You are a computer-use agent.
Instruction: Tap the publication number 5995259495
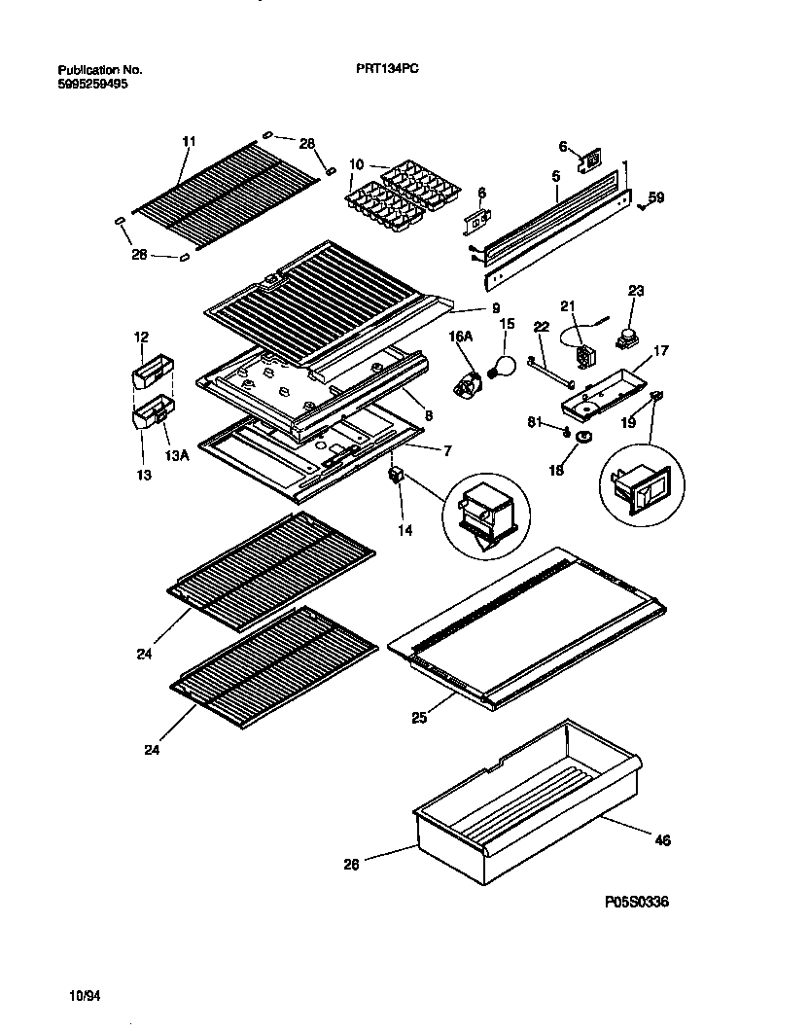[92, 84]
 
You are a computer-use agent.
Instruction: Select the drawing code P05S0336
[636, 902]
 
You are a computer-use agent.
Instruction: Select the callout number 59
[656, 198]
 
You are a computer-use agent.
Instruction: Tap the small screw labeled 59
[642, 205]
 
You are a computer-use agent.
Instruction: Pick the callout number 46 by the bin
[662, 839]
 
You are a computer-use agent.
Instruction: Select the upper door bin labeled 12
[151, 372]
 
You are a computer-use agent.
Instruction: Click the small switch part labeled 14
[396, 476]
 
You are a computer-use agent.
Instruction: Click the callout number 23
[636, 290]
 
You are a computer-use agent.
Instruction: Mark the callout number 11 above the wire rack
[189, 141]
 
